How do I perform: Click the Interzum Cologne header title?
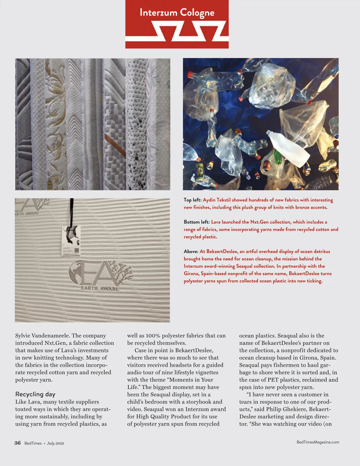coord(177,13)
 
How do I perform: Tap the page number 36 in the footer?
coord(18,443)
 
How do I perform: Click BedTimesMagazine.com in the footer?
coord(318,442)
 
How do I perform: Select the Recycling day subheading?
coord(35,394)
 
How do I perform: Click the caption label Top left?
coord(193,200)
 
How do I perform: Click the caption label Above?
coord(191,251)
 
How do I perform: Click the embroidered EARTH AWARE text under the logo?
coord(100,289)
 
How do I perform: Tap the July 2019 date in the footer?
coord(55,443)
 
